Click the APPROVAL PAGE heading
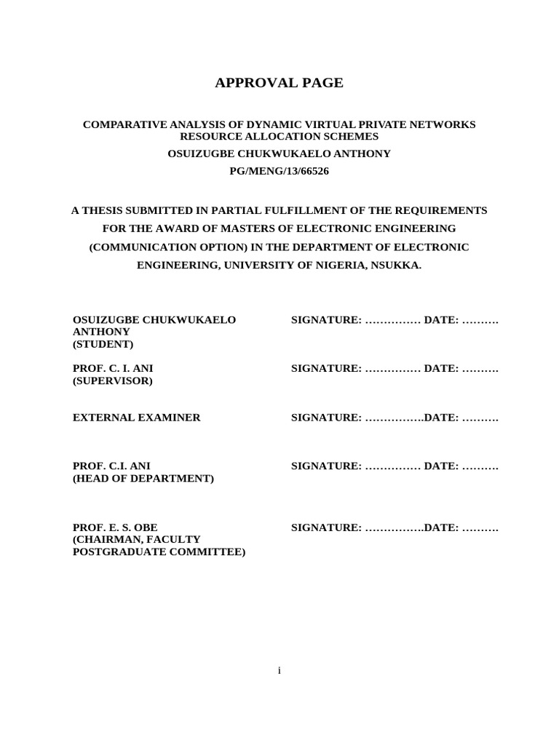coord(279,83)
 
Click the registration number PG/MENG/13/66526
coord(279,171)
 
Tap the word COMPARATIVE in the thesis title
coord(121,124)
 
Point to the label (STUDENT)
coord(103,344)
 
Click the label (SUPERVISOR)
coord(113,381)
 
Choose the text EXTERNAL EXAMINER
coord(136,418)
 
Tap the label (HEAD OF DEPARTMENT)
coord(143,478)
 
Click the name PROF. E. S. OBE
coord(115,527)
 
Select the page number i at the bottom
coord(279,670)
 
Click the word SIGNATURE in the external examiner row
coord(325,418)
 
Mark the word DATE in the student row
coord(440,320)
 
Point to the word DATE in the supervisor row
coord(440,369)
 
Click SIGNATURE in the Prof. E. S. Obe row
coord(325,527)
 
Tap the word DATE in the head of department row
coord(440,466)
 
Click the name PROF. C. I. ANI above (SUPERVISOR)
coord(113,369)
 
